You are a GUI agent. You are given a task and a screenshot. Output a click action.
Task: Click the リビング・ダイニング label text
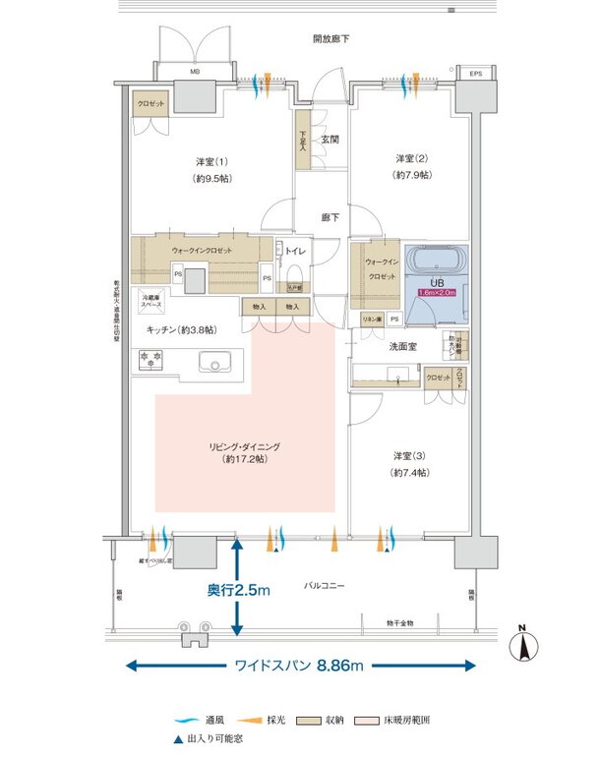[244, 447]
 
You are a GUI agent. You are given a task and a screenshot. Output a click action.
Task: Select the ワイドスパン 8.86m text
[298, 667]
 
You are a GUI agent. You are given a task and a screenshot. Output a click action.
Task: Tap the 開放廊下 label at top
[330, 39]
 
